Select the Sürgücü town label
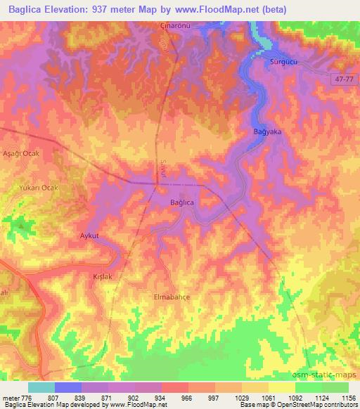285,63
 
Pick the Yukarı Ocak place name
34,188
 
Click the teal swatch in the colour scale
41,387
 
